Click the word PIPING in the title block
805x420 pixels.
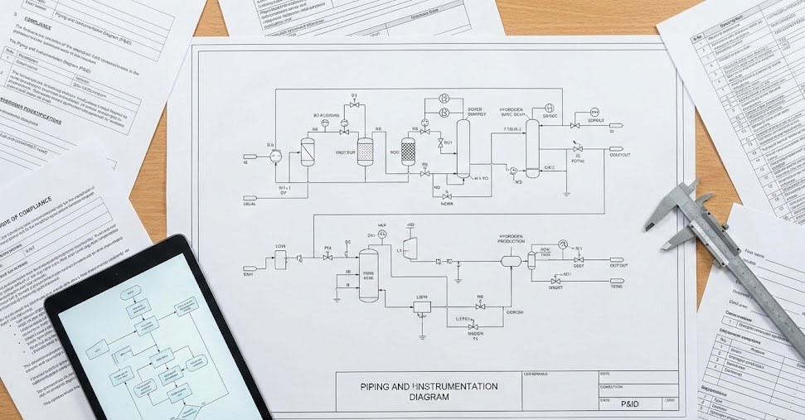(376, 386)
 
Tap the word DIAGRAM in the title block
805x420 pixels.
(429, 397)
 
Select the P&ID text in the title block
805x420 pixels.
(629, 402)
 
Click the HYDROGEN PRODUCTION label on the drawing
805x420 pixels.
(511, 240)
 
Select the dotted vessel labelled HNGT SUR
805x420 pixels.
(366, 149)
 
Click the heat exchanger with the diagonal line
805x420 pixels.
(308, 150)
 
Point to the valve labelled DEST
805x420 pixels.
(578, 259)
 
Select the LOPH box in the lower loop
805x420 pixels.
(422, 307)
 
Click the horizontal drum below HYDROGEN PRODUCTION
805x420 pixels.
(510, 260)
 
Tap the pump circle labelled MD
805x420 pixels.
(513, 171)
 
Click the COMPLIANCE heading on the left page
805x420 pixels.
(33, 202)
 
